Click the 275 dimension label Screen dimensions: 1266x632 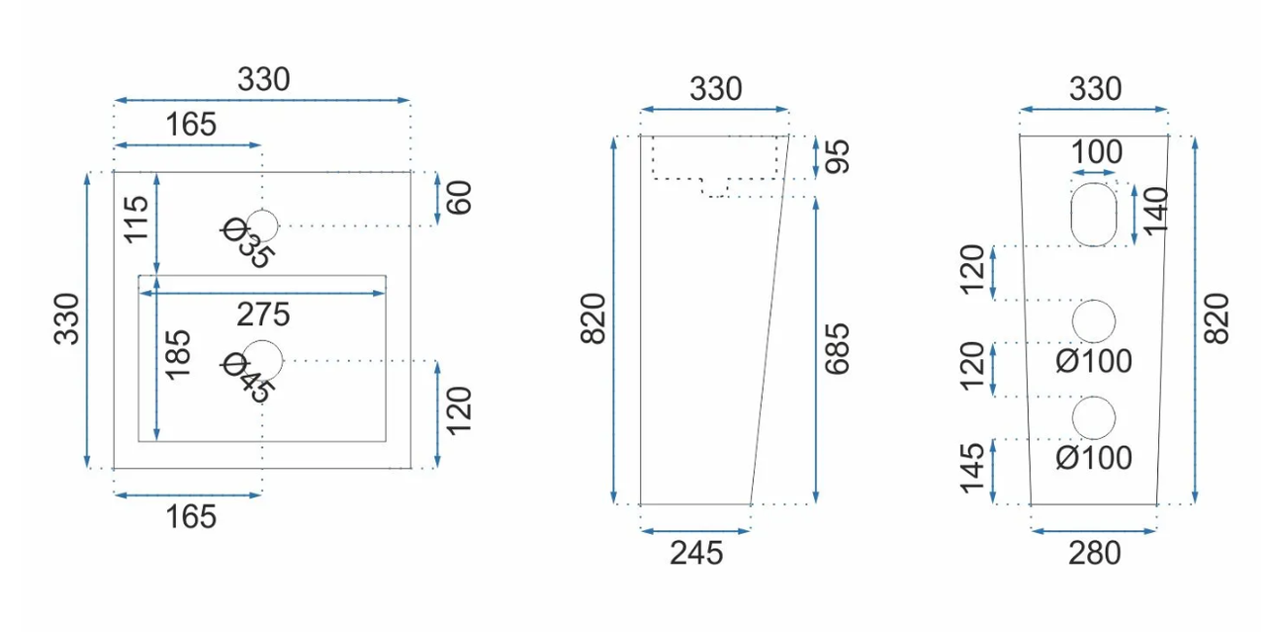tap(263, 315)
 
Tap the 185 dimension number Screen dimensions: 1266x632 tap(177, 354)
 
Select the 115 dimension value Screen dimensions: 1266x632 tap(136, 220)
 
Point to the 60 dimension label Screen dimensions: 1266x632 tap(459, 197)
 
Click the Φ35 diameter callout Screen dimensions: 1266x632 tap(247, 242)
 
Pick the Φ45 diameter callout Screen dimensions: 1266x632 tap(248, 377)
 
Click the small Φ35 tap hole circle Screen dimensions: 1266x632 tap(262, 226)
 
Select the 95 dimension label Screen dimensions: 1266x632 tap(837, 156)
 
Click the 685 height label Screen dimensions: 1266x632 tap(837, 349)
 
